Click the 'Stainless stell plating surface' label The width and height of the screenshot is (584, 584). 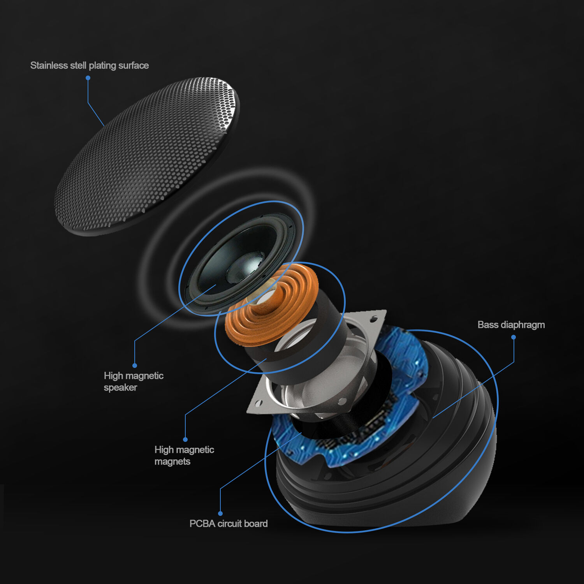tap(90, 65)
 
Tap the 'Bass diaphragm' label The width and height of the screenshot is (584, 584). tap(511, 325)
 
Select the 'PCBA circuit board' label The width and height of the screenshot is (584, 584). tap(229, 524)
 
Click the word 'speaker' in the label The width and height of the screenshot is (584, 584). tap(120, 387)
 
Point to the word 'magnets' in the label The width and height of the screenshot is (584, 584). tap(172, 461)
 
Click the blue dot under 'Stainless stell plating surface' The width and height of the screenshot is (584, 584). tap(88, 78)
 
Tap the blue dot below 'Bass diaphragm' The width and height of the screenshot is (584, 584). tap(514, 337)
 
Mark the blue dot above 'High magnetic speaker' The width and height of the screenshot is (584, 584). tap(135, 366)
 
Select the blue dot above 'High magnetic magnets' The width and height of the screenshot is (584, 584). tap(185, 440)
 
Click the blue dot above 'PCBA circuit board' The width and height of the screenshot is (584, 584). tap(220, 514)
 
